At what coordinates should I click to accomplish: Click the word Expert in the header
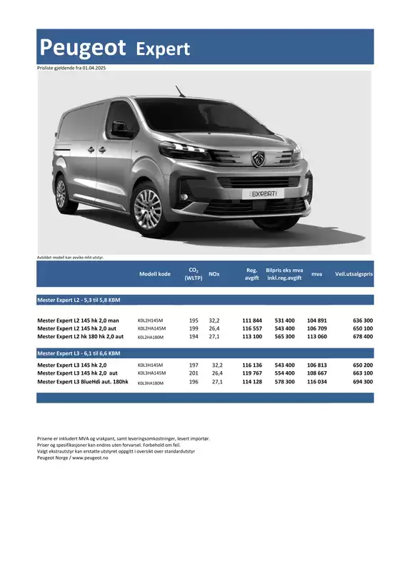pos(163,49)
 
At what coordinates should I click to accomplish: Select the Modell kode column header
pos(155,274)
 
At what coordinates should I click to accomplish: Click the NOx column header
pos(214,274)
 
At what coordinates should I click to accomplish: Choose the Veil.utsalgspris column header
pos(354,274)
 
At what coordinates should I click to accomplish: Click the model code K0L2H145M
pos(150,321)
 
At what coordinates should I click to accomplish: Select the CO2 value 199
pos(194,328)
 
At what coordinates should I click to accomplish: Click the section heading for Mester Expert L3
pos(79,353)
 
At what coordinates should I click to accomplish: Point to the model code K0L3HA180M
pos(151,383)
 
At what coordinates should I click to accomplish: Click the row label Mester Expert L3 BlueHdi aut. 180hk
pos(82,382)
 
